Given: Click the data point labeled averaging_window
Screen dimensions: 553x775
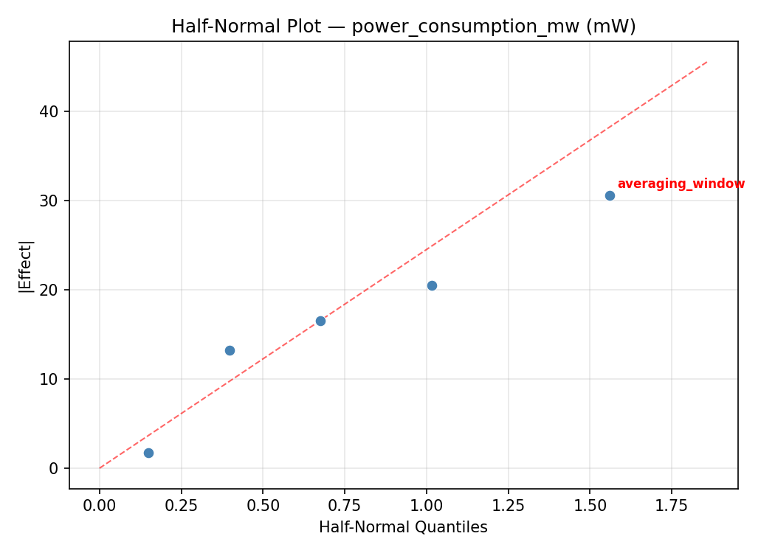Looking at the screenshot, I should tap(610, 195).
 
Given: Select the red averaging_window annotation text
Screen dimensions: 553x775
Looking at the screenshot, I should tap(681, 184).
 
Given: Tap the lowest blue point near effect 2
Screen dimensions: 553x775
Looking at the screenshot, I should tap(148, 453).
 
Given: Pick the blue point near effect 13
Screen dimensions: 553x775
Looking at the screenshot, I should tap(230, 350).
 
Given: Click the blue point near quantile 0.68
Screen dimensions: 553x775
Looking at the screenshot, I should tap(320, 321).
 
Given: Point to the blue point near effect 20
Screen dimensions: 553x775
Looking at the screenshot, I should tap(432, 285).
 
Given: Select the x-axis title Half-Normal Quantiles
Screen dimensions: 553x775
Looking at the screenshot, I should tap(403, 527).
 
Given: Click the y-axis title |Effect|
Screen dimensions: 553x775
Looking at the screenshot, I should tap(27, 266).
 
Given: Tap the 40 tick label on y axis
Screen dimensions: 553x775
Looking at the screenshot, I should tap(50, 111).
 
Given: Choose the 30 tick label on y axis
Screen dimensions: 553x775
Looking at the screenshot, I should tap(50, 201).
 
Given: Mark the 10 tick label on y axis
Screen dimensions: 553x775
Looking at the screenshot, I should tap(50, 379).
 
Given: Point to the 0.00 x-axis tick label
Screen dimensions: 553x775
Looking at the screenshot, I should tap(100, 506).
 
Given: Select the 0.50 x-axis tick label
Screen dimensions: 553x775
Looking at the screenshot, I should tap(263, 506).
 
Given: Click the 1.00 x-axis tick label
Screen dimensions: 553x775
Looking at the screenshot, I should tap(426, 506).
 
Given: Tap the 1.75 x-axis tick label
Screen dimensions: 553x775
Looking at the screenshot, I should tap(671, 506).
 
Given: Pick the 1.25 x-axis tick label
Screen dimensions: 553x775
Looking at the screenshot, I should tap(508, 506).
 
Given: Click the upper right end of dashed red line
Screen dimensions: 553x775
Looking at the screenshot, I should tap(707, 61).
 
